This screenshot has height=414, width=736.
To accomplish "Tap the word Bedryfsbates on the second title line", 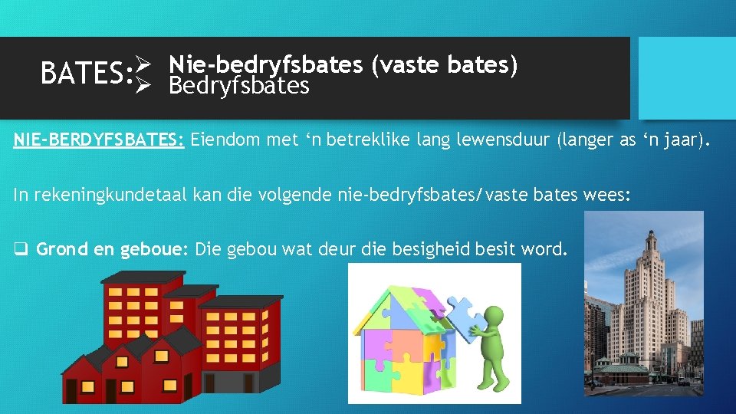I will pyautogui.click(x=239, y=85).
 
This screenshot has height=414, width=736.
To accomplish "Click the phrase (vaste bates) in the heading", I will pyautogui.click(x=445, y=65).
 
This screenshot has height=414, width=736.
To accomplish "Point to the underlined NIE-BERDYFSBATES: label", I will pyautogui.click(x=99, y=140).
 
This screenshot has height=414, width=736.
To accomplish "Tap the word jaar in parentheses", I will pyautogui.click(x=682, y=140).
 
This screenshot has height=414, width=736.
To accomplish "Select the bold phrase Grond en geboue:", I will pyautogui.click(x=112, y=249).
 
